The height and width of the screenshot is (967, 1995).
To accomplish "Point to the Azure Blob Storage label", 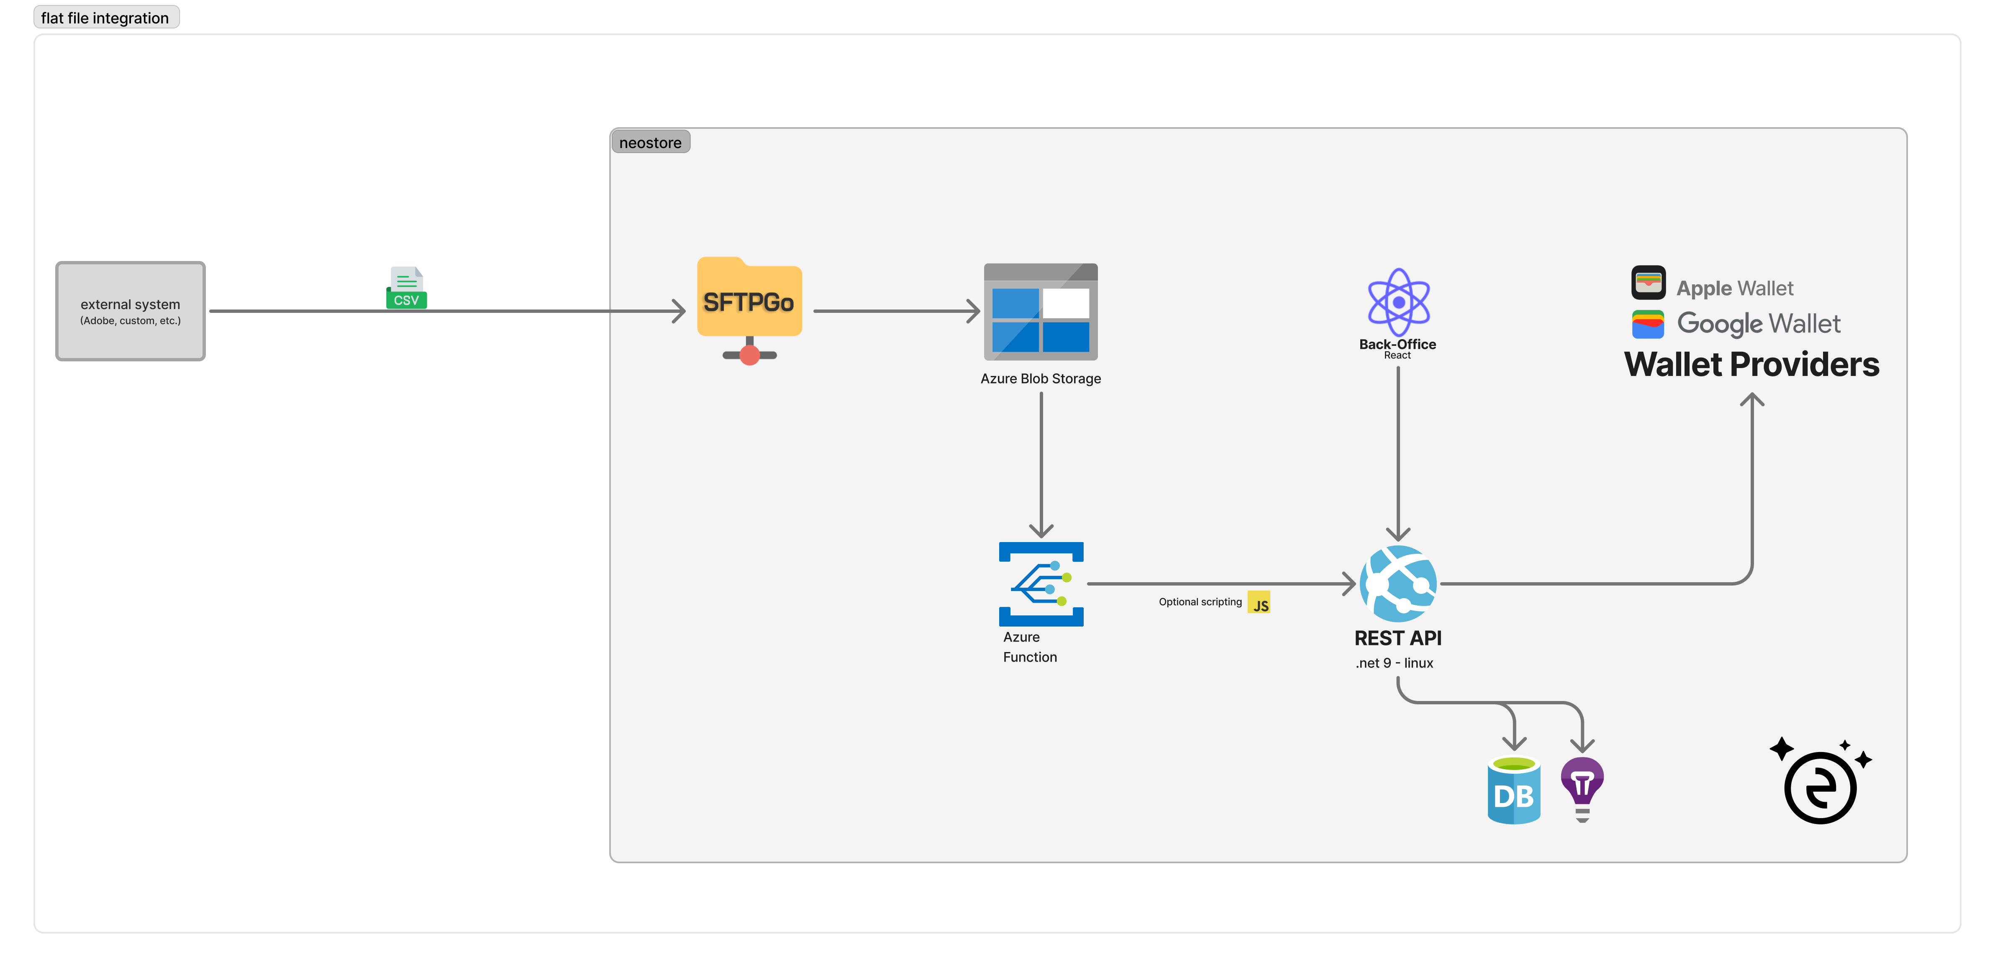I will pyautogui.click(x=1040, y=379).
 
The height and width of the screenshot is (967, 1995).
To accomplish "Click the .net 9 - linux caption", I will pyautogui.click(x=1394, y=663).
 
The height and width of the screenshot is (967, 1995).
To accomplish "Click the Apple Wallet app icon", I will pyautogui.click(x=1648, y=283).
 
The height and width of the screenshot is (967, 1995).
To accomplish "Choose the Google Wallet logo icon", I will pyautogui.click(x=1648, y=324).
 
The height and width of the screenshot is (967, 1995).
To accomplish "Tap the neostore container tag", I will pyautogui.click(x=650, y=143).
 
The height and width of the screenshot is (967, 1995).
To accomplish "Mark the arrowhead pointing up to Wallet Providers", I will pyautogui.click(x=1752, y=399).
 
